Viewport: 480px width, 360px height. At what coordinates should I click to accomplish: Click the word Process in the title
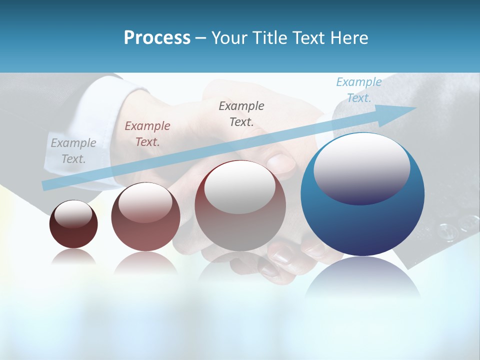[x=157, y=38]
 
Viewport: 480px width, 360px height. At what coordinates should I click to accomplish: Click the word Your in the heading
[x=230, y=38]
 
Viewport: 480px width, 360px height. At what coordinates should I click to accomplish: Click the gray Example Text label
[x=73, y=150]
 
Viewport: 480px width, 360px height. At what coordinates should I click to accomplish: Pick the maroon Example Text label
[x=147, y=133]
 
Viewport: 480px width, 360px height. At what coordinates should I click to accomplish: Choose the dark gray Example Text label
[x=241, y=113]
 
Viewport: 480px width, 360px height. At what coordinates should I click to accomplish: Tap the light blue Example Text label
[x=358, y=89]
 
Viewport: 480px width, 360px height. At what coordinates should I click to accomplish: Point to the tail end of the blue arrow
[x=45, y=185]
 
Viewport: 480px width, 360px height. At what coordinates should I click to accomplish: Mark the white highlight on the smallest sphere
[x=73, y=213]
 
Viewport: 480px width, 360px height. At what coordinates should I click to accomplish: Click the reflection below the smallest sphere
[x=73, y=257]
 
